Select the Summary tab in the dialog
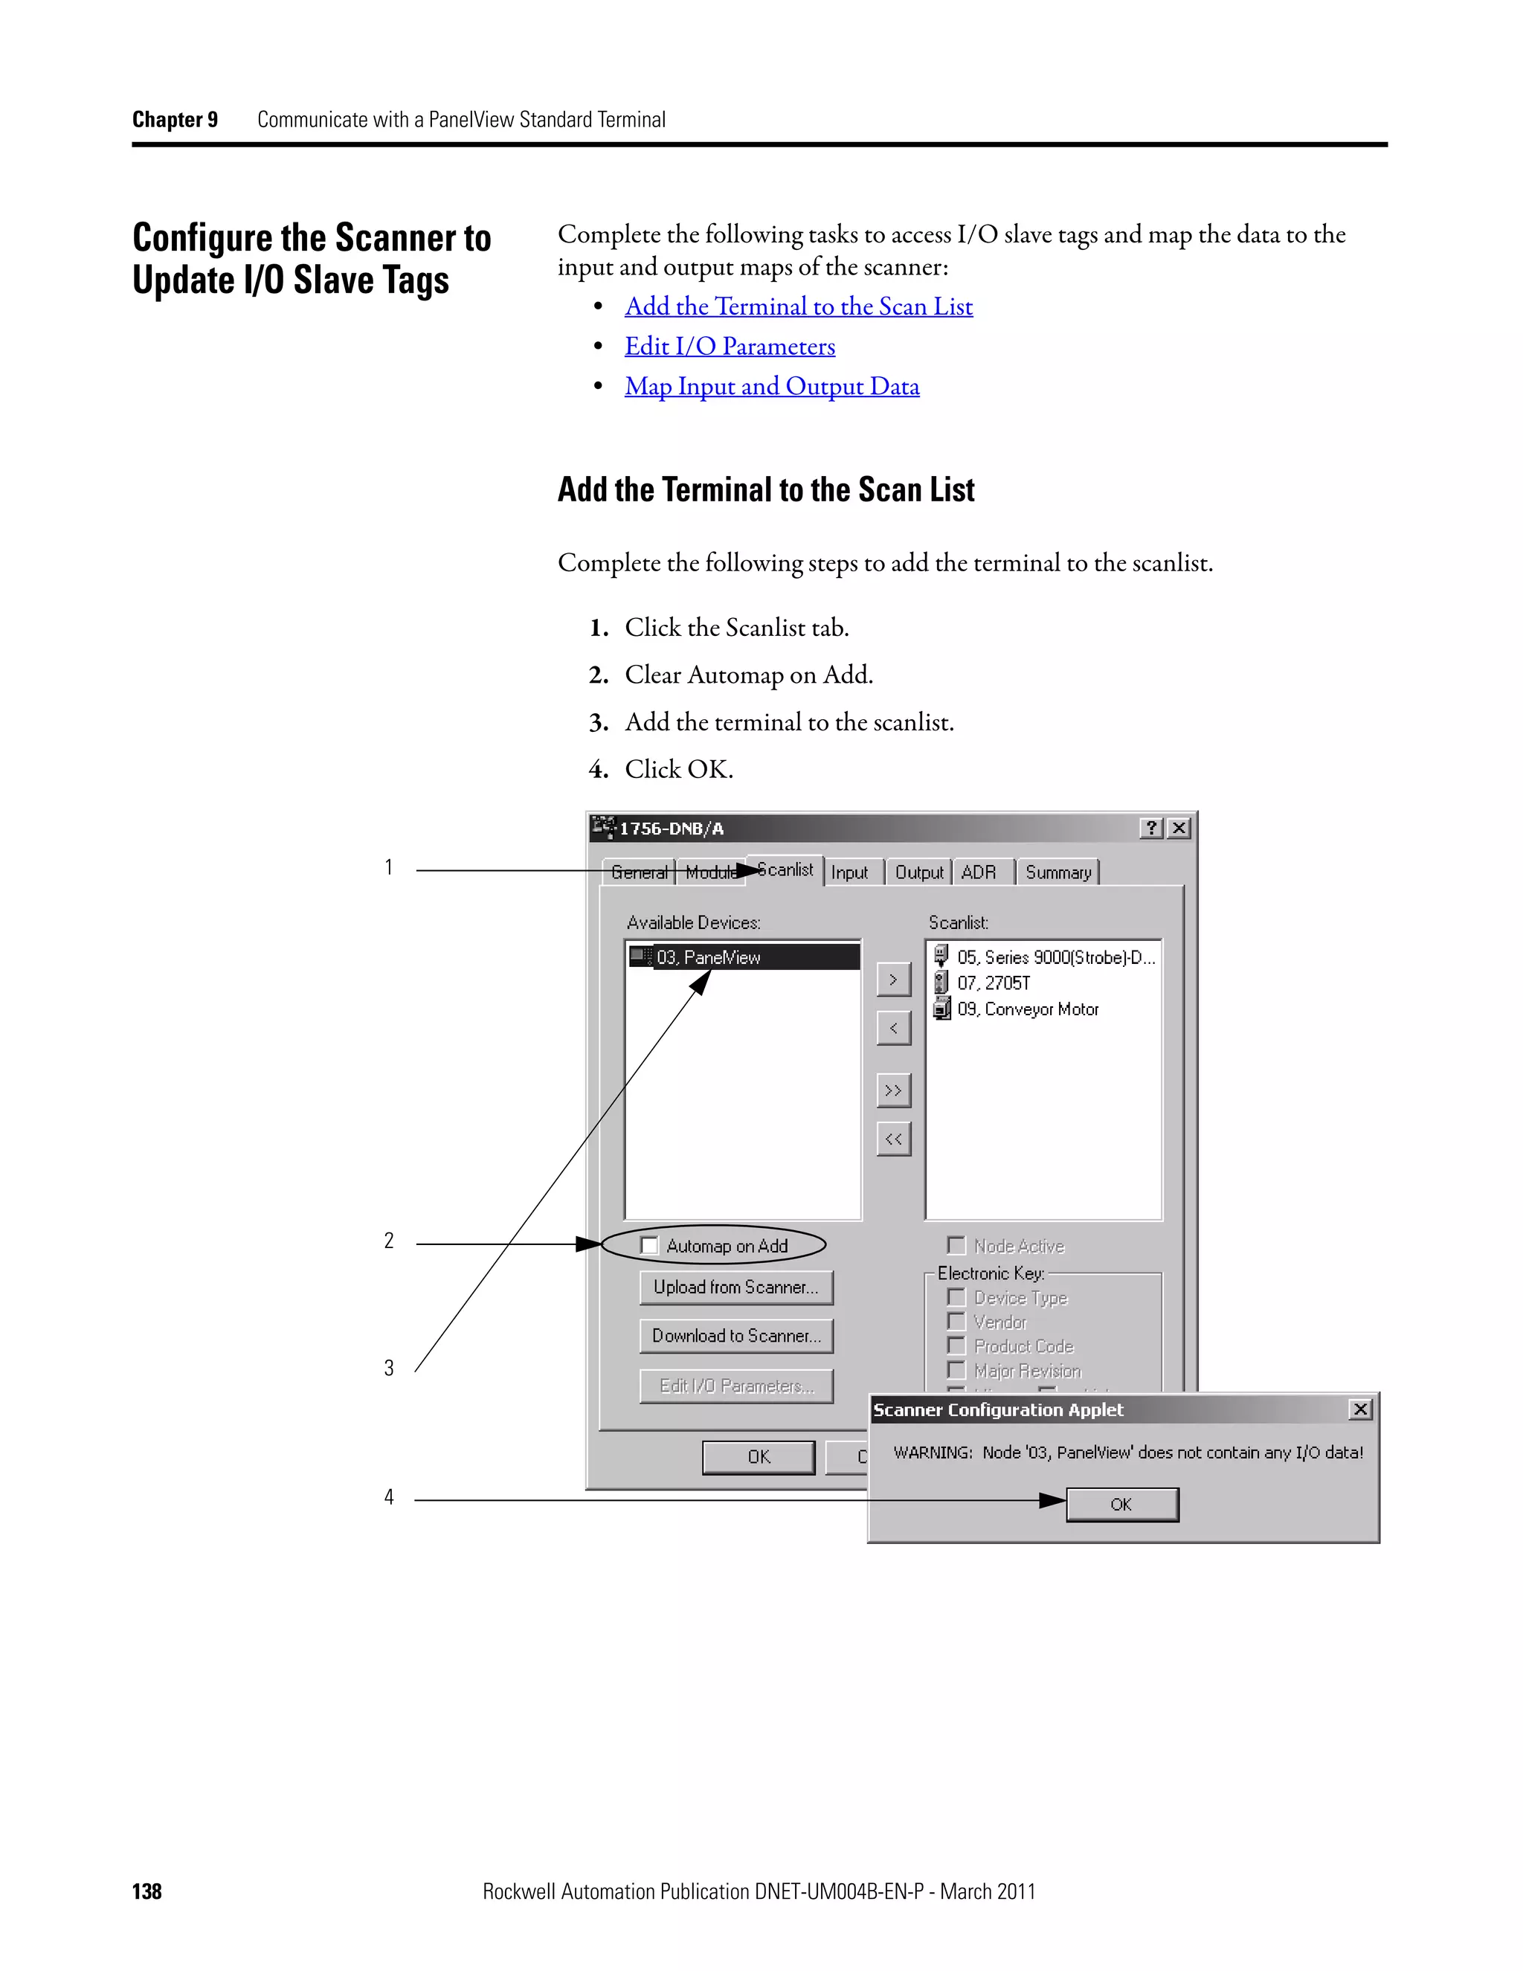1057,872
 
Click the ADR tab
979,872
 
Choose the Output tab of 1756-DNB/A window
918,872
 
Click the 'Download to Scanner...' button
736,1336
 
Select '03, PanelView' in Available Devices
708,957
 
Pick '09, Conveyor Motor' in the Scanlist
1028,1009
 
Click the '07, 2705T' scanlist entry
994,983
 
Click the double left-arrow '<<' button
893,1139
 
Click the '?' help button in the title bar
1151,828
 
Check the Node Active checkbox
956,1245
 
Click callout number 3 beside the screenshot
389,1368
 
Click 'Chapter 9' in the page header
175,120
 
